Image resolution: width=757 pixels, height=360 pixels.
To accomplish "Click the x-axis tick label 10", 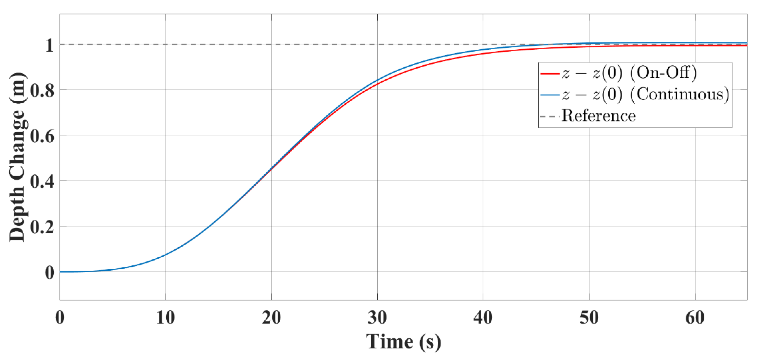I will click(166, 318).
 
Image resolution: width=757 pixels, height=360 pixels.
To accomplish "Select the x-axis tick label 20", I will click(271, 318).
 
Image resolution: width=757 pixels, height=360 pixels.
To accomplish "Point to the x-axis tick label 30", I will click(377, 318).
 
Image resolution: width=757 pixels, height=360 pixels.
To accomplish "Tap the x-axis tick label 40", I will click(483, 318).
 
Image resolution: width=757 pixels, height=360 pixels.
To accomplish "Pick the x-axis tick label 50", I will click(589, 318).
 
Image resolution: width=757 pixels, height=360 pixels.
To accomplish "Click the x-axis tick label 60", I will click(695, 318).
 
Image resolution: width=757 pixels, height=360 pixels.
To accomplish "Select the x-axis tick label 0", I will click(60, 318).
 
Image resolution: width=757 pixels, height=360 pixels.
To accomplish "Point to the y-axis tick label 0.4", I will click(42, 181).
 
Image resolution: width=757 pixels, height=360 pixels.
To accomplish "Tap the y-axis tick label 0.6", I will click(42, 136).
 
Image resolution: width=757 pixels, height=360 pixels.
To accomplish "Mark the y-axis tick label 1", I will click(49, 46).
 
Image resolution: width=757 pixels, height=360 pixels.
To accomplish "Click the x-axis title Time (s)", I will click(403, 342).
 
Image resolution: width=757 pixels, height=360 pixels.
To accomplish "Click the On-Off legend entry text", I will click(629, 72).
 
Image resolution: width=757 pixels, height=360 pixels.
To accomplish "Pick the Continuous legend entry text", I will click(645, 94).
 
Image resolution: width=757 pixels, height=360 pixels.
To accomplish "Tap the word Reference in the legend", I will click(599, 116).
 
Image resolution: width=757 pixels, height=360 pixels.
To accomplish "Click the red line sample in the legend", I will click(550, 73).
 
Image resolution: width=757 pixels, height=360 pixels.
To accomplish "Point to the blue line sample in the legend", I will click(550, 95).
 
